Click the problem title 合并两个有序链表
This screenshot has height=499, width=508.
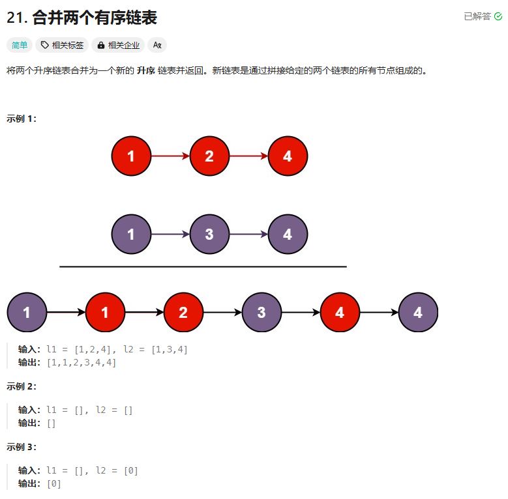(x=95, y=18)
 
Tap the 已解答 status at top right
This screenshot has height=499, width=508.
(x=483, y=16)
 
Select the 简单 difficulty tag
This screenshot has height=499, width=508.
(x=20, y=45)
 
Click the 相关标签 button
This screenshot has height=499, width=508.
(x=62, y=45)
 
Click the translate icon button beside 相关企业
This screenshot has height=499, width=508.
(x=157, y=45)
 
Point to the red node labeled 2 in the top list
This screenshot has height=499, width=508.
(x=209, y=156)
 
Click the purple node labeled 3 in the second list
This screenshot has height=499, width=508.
(x=209, y=235)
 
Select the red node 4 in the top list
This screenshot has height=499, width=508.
(x=288, y=156)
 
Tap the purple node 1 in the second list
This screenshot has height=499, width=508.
(x=131, y=235)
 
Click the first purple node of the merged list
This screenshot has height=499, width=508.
(x=27, y=313)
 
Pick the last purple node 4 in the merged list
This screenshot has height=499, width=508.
(x=418, y=313)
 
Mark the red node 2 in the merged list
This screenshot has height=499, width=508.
(x=183, y=313)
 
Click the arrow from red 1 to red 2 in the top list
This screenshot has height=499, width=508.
(x=170, y=156)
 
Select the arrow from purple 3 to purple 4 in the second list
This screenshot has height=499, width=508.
(x=248, y=235)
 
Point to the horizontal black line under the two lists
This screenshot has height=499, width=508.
(x=203, y=266)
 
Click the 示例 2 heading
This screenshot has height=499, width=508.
(x=22, y=386)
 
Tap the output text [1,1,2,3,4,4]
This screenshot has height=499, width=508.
(x=82, y=363)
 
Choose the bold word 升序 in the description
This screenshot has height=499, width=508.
(x=145, y=70)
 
